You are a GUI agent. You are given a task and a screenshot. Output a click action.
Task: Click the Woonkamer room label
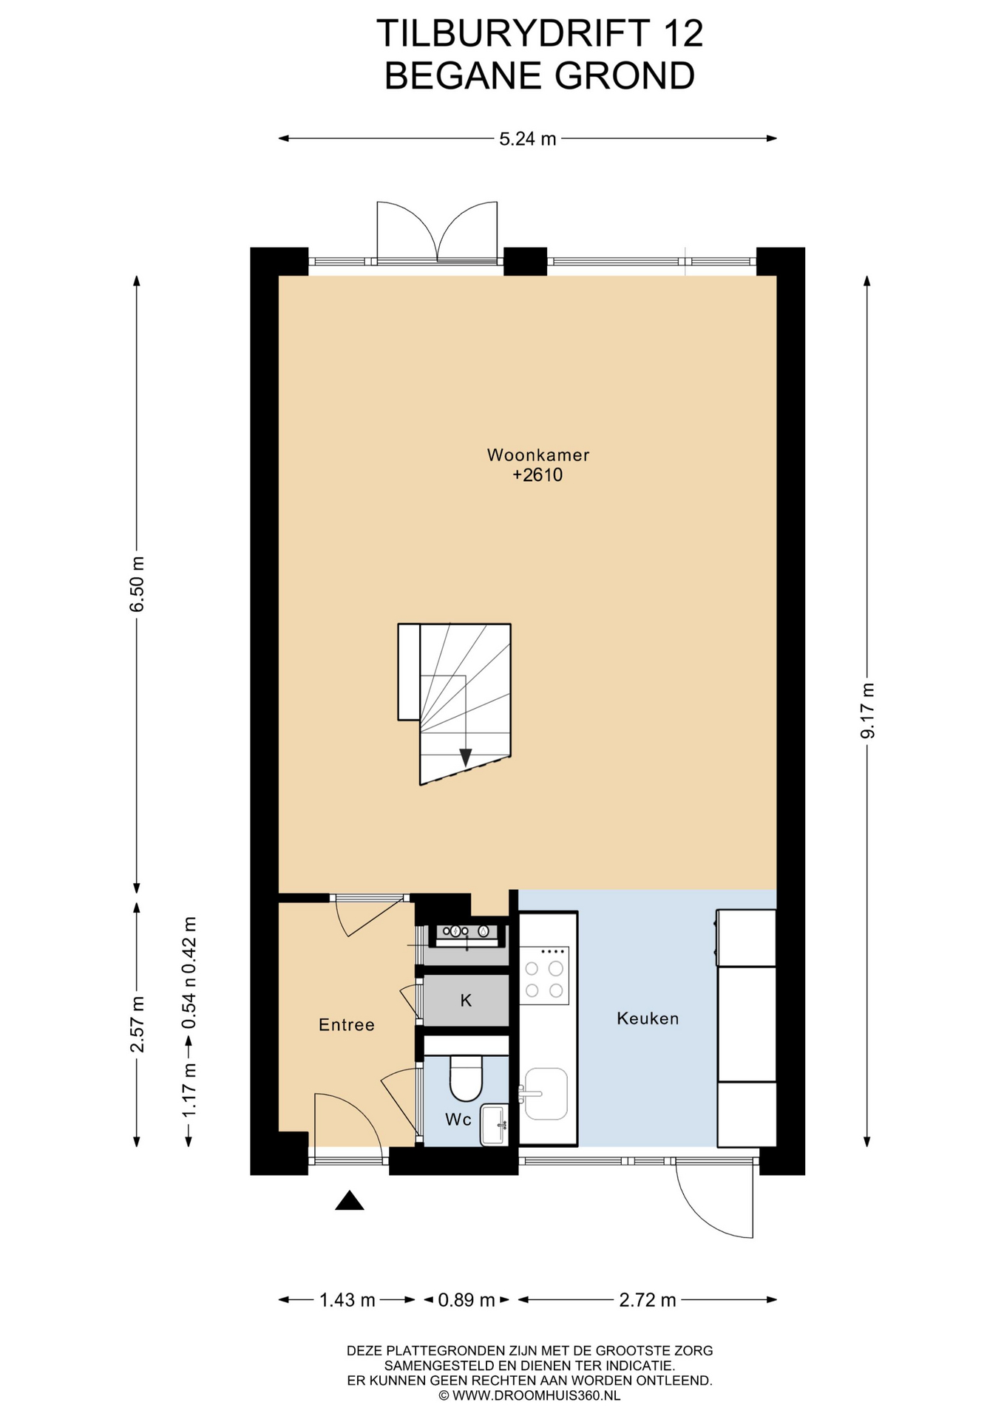(x=537, y=455)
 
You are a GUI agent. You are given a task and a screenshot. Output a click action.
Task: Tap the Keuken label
(x=648, y=1018)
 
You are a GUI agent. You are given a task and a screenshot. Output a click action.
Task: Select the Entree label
(x=347, y=1025)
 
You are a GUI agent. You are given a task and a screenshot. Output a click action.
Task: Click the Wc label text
(x=458, y=1120)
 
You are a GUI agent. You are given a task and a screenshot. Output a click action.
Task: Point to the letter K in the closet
(x=466, y=1001)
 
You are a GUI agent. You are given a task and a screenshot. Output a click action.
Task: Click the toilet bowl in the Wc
(x=466, y=1078)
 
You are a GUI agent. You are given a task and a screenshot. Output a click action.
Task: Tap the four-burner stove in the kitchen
(x=544, y=975)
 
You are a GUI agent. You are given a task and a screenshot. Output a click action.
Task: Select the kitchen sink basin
(x=546, y=1094)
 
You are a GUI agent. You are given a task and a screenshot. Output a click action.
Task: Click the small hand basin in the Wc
(x=494, y=1124)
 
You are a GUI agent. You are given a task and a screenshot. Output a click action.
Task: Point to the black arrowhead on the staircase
(x=465, y=758)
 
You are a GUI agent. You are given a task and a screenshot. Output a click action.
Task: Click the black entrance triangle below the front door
(x=350, y=1200)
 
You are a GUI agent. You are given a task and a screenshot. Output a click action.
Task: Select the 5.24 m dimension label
(x=527, y=139)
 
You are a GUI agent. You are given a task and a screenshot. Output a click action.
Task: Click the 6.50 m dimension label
(x=138, y=584)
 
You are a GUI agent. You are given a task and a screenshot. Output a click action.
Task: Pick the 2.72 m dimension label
(x=648, y=1300)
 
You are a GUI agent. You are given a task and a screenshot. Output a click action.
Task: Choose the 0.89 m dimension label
(x=467, y=1300)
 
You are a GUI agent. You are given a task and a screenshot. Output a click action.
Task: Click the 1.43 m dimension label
(x=347, y=1300)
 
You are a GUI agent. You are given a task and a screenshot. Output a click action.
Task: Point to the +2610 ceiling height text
(x=537, y=475)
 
